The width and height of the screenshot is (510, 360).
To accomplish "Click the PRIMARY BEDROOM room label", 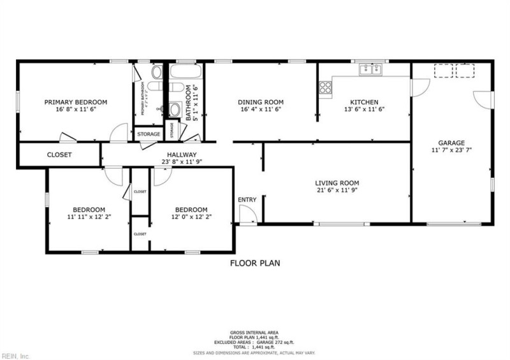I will pyautogui.click(x=75, y=102).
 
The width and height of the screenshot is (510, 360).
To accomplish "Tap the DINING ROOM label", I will pyautogui.click(x=260, y=102).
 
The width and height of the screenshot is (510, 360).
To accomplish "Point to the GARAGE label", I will pyautogui.click(x=451, y=143).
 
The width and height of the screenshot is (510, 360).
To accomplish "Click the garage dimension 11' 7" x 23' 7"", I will pyautogui.click(x=451, y=150).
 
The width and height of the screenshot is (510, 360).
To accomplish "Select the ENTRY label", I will pyautogui.click(x=247, y=200).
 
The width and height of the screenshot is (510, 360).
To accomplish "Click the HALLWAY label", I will pyautogui.click(x=182, y=155).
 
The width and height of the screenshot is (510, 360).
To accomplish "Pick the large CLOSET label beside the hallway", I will pyautogui.click(x=59, y=155).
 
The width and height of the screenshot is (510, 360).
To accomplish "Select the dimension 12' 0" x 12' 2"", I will pyautogui.click(x=191, y=218).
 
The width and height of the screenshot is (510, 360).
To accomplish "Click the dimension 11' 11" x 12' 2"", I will pyautogui.click(x=89, y=218).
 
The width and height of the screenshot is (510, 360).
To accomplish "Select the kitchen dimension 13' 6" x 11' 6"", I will pyautogui.click(x=364, y=109).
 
